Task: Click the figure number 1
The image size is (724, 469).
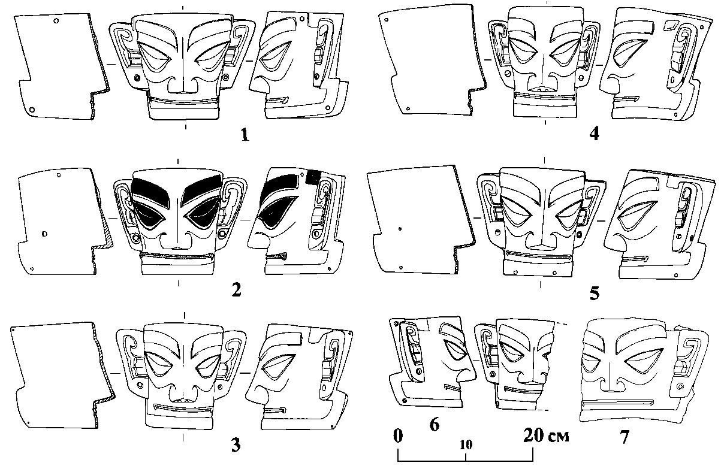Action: [x=245, y=135]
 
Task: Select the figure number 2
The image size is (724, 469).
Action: [x=236, y=290]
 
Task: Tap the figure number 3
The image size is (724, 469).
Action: [x=236, y=446]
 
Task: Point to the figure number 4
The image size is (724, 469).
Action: [x=594, y=134]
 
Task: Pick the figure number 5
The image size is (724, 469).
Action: [x=595, y=293]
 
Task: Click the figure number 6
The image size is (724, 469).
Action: [x=435, y=424]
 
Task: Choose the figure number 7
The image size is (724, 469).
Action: [x=625, y=437]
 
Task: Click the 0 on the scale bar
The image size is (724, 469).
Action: [x=398, y=435]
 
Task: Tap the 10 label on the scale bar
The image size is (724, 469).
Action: [x=466, y=445]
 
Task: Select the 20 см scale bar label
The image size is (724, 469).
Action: [x=546, y=435]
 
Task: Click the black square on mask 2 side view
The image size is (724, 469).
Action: [x=312, y=176]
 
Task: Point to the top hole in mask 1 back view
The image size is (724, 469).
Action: [x=56, y=21]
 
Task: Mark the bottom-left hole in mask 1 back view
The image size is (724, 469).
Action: [x=32, y=110]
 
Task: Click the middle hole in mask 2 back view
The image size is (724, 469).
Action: [x=44, y=234]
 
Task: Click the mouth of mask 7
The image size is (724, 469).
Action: [x=617, y=403]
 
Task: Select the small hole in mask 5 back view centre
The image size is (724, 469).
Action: [x=400, y=229]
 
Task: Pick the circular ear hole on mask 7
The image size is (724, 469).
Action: [x=680, y=386]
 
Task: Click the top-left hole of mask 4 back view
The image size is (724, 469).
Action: [x=387, y=20]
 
